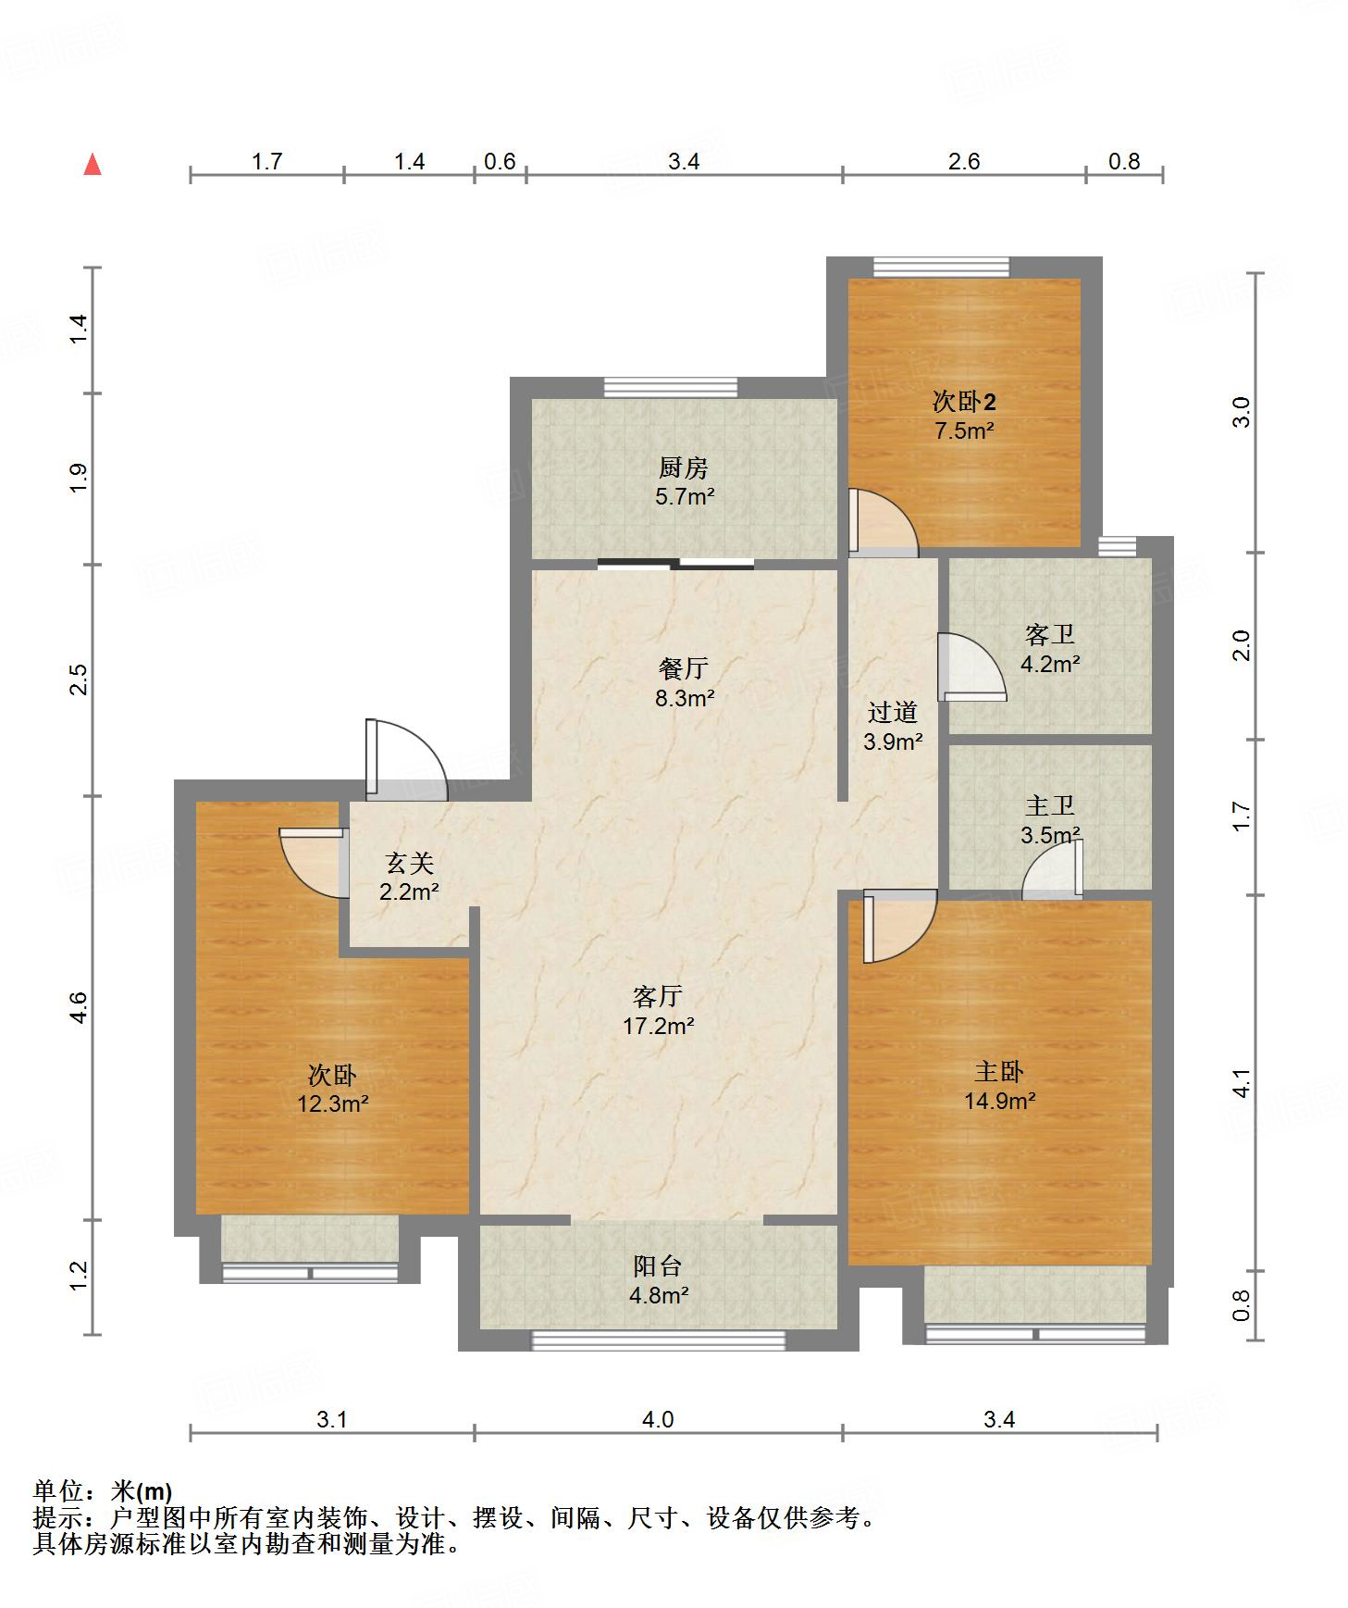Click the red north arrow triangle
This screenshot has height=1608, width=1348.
tap(92, 165)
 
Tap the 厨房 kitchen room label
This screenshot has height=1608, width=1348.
tap(684, 467)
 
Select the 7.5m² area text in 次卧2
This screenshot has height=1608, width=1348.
tap(964, 430)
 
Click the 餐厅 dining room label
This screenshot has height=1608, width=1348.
tap(684, 668)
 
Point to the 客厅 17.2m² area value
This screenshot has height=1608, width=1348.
tap(659, 1026)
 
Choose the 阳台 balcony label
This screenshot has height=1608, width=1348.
tap(658, 1265)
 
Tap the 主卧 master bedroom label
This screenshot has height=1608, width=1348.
tap(999, 1072)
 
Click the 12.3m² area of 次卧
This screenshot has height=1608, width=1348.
tap(334, 1104)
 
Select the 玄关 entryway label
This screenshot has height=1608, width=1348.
tap(409, 864)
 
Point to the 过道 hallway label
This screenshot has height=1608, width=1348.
tap(893, 712)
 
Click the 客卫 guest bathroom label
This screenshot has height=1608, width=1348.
tap(1050, 634)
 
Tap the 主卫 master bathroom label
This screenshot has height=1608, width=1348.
tap(1050, 805)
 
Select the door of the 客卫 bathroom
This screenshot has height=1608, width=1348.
tap(971, 667)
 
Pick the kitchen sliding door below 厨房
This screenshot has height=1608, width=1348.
tap(675, 563)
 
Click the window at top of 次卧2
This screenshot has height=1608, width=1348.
tap(941, 267)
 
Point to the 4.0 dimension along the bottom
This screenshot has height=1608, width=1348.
tap(658, 1419)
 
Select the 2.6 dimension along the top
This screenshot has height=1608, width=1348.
tap(964, 162)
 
